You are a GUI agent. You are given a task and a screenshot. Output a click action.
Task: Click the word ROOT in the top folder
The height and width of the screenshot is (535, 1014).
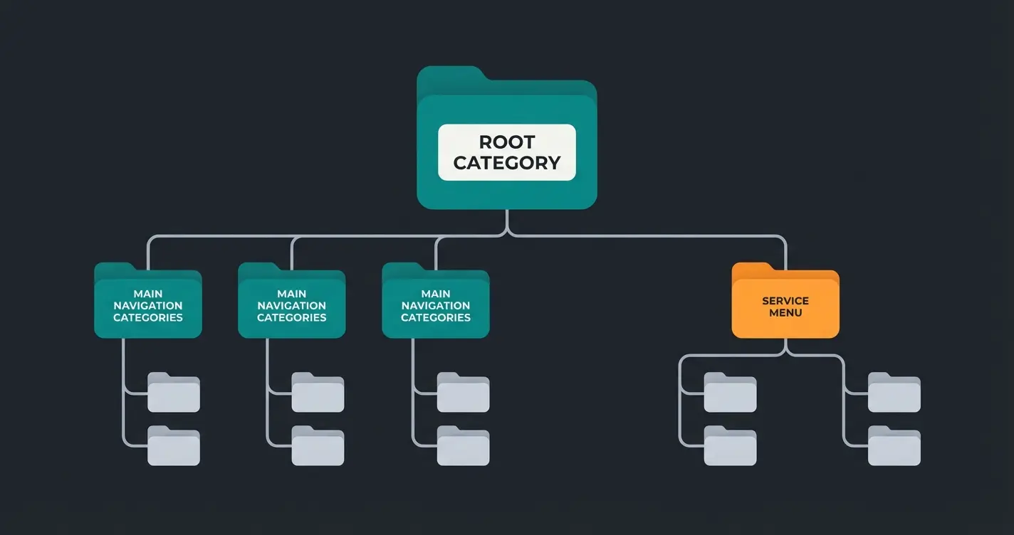point(506,142)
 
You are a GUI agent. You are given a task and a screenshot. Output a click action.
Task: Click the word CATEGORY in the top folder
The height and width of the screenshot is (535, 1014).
point(506,163)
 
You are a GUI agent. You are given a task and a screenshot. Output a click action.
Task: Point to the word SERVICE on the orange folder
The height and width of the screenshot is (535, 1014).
point(785,301)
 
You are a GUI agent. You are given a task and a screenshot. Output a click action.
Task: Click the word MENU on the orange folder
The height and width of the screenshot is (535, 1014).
point(785,313)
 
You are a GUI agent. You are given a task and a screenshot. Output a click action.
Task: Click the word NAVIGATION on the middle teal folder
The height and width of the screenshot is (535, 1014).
point(292,306)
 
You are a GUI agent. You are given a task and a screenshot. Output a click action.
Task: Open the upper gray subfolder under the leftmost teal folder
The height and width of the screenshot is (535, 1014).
point(174,393)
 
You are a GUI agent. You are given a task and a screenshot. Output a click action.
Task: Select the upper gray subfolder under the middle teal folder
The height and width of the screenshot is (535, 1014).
point(318,393)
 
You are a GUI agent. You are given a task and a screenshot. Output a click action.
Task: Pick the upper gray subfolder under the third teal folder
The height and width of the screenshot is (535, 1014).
point(463,393)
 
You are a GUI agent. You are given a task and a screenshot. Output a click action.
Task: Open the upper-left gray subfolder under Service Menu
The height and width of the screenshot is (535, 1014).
point(730,393)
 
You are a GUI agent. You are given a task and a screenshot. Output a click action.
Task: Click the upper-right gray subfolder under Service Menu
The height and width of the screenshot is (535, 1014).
point(894,393)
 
